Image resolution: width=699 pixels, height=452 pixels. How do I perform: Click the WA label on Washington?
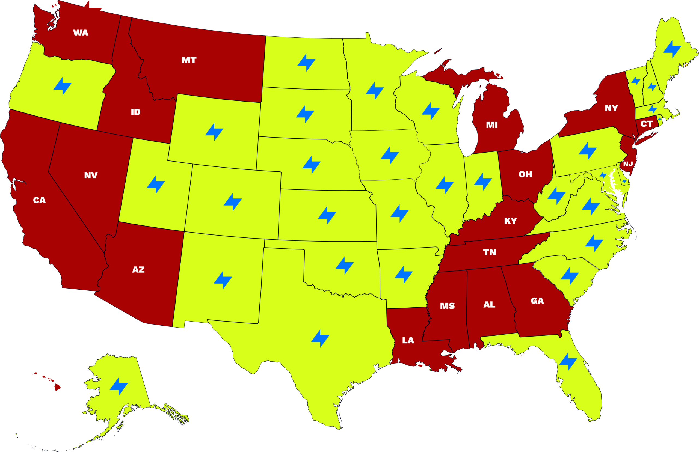[x=81, y=33]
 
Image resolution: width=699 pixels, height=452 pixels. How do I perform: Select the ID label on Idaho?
[x=136, y=112]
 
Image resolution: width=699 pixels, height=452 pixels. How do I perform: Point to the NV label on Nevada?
[x=91, y=176]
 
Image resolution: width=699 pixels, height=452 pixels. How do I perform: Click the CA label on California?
[x=39, y=200]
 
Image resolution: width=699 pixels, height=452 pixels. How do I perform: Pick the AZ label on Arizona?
[x=138, y=270]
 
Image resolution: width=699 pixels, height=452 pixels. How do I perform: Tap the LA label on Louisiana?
[x=408, y=340]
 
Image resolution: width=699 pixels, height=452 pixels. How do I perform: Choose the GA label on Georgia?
[x=537, y=301]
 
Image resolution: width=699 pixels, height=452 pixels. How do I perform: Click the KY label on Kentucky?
[x=511, y=221]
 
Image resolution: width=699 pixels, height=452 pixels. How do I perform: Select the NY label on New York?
[x=611, y=108]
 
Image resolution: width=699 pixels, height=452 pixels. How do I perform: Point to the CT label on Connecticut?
[x=647, y=124]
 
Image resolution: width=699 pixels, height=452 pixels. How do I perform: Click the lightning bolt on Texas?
[x=320, y=338]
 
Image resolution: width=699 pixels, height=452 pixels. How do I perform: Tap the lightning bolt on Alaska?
[x=119, y=386]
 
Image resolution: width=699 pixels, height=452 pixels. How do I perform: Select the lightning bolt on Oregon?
[x=63, y=86]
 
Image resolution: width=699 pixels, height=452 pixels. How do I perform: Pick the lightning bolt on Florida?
[x=568, y=362]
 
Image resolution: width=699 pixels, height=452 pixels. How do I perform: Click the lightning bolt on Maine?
[x=672, y=49]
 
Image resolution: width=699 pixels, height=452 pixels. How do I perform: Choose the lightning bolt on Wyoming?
[x=214, y=132]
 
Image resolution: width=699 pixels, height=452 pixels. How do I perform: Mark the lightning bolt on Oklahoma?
[x=344, y=266]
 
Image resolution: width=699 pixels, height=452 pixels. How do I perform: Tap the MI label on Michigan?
[x=492, y=125]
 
